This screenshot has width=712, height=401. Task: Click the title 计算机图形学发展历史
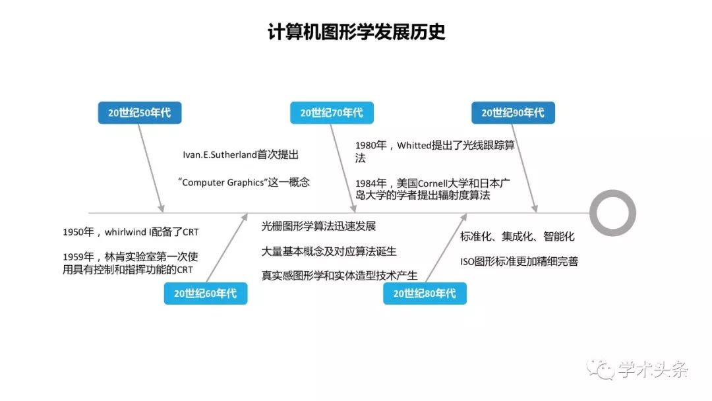point(357,32)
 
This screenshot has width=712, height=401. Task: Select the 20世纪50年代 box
point(140,113)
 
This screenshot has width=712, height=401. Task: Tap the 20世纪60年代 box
point(206,293)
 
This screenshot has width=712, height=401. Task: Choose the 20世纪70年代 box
point(332,113)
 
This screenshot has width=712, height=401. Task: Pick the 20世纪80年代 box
point(425,293)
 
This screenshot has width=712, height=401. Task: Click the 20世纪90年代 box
point(513,113)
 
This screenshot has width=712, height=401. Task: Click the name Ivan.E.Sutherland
point(220,155)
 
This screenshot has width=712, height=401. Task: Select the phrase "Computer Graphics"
point(222,183)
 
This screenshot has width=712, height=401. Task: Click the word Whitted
point(413,145)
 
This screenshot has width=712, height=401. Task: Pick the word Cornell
point(432,183)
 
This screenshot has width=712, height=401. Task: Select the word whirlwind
point(125,232)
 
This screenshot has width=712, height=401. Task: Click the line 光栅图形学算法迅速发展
point(318,226)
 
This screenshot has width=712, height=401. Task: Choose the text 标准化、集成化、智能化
point(518,236)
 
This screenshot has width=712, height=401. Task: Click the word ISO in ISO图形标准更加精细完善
point(467,262)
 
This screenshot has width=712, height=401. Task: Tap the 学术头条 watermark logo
point(637,369)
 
